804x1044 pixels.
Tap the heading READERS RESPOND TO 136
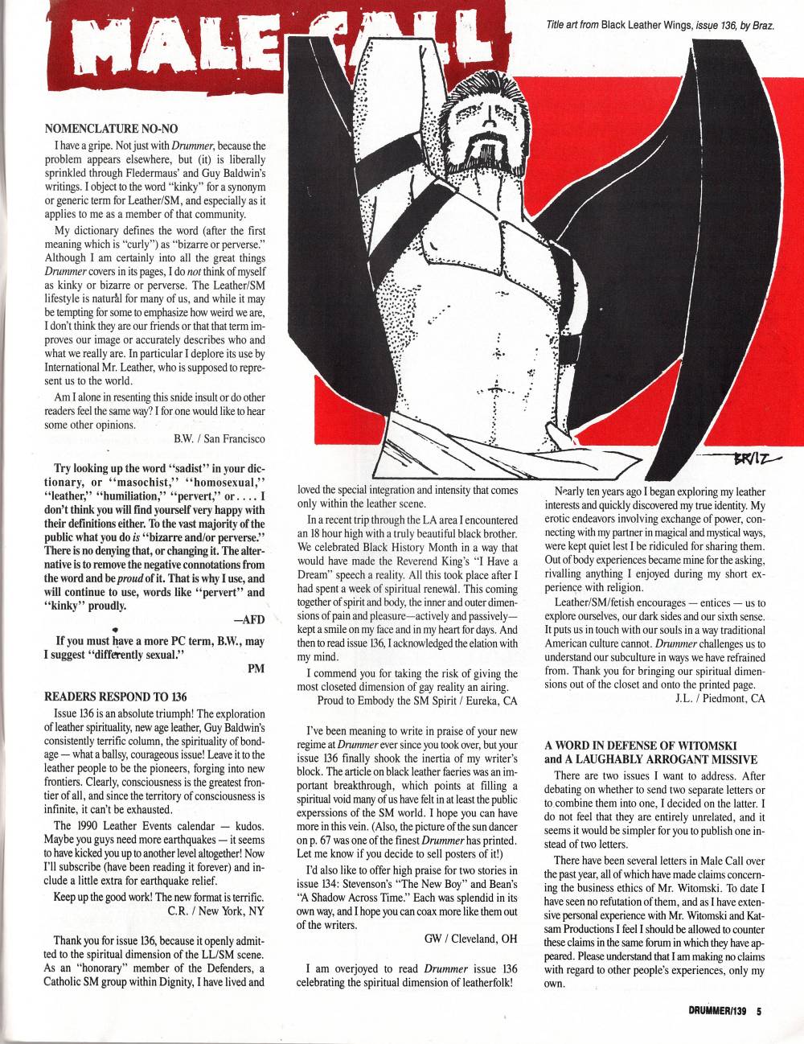coord(116,696)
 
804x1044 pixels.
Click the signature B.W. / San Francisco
coord(219,439)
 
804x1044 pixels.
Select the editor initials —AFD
coord(248,620)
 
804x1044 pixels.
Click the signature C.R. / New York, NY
coord(215,911)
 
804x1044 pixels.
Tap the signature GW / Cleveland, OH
coord(470,938)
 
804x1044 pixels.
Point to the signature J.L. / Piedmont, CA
coord(720,698)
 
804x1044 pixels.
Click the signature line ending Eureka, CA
coord(417,701)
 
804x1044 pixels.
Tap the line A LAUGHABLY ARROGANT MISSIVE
coord(650,758)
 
